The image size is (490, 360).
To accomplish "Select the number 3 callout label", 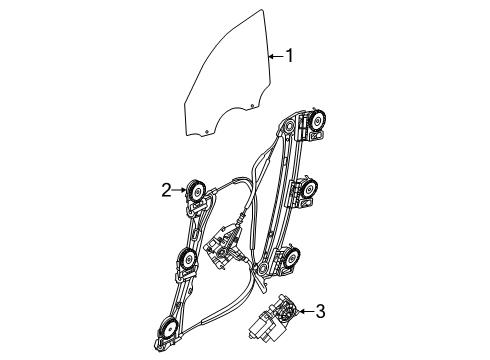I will click(x=320, y=312).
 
